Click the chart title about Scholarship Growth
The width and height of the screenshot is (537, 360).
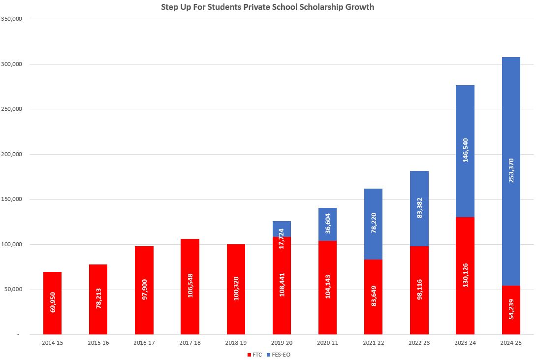coord(267,7)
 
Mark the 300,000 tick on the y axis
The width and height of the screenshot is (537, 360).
coord(19,64)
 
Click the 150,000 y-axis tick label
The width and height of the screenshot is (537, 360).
coord(19,199)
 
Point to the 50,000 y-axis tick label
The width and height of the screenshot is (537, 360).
coord(20,290)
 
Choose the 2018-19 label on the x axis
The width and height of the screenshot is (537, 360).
coord(236,342)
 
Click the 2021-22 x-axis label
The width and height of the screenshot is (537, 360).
coord(374,342)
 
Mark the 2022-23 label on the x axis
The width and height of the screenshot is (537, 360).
coord(419,342)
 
